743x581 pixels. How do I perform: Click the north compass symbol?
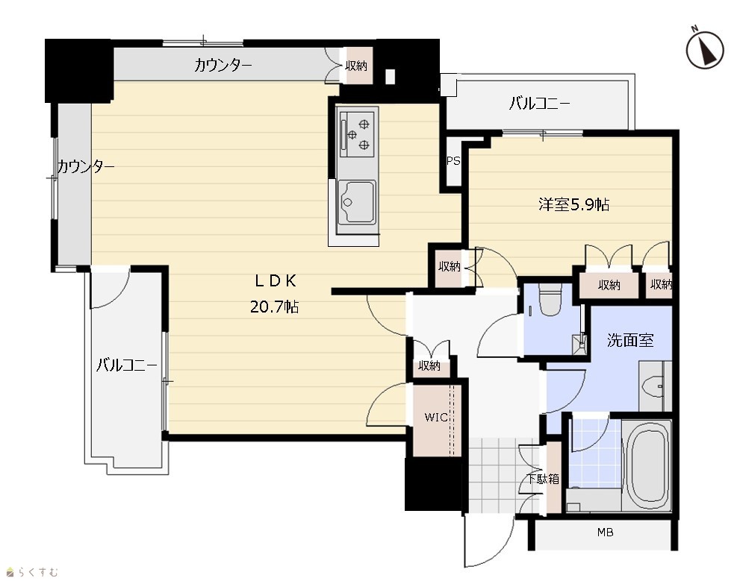point(705,49)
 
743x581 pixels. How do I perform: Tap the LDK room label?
point(276,281)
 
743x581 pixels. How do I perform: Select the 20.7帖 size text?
point(274,307)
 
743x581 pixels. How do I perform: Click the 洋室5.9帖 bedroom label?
point(573,204)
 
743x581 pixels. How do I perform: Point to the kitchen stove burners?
point(358,133)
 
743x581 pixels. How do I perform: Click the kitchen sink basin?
point(357,202)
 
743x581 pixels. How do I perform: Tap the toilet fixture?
point(550,300)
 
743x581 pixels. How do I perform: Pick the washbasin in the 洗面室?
point(654,386)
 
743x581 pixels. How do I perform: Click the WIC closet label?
point(436,418)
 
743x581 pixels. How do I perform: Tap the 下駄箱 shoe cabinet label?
point(544,480)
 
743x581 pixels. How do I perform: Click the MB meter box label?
point(605,533)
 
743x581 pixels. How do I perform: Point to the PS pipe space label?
point(453,161)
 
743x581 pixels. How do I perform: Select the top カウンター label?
point(223,65)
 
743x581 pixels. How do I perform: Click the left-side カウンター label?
point(86,166)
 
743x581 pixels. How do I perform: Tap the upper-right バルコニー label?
point(539,103)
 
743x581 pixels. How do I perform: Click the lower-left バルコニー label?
point(126,365)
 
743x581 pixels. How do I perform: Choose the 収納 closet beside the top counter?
point(356,66)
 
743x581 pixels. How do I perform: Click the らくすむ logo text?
point(38,573)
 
